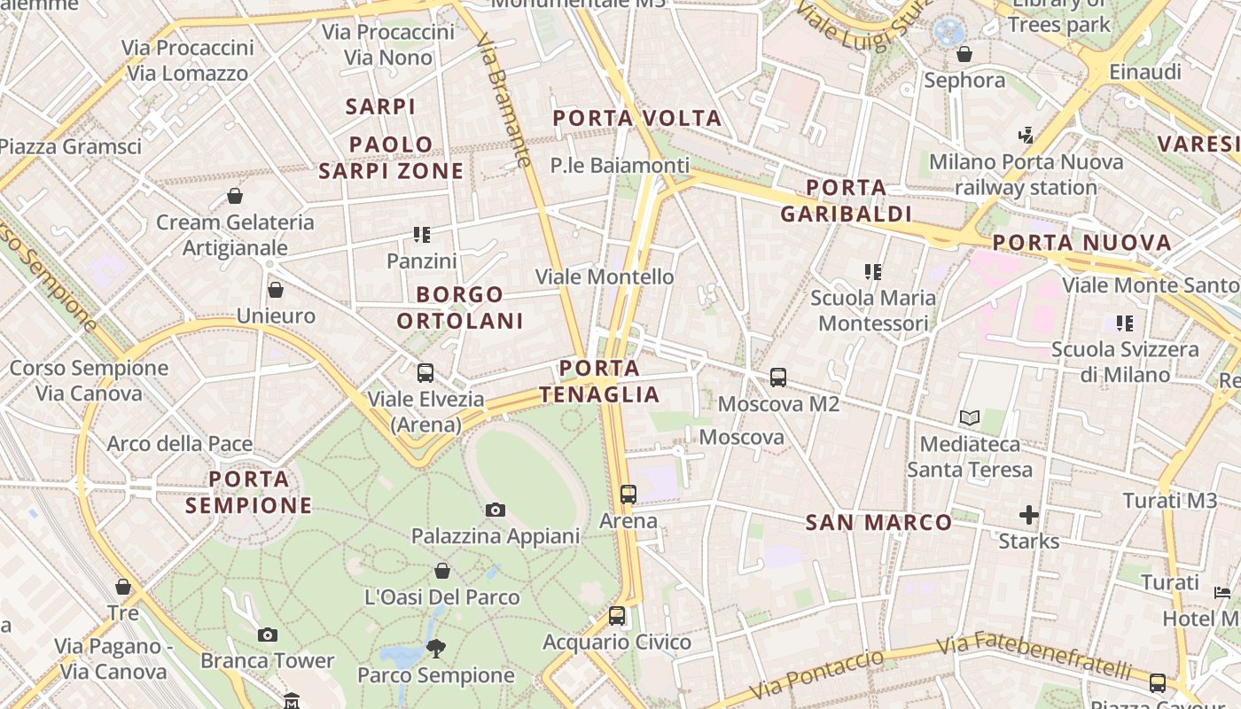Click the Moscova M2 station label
tap(778, 404)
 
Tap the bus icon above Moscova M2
tap(778, 378)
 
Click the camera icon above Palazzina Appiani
tap(496, 510)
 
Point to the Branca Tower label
tap(267, 660)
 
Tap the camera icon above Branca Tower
tap(267, 635)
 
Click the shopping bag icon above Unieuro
tap(276, 290)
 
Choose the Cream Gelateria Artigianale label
tap(235, 235)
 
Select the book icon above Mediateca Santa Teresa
tap(970, 417)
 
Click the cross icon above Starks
tap(1028, 515)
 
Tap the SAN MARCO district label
tap(878, 523)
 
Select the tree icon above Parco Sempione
tap(435, 649)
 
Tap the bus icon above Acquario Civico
tap(617, 615)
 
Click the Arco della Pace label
tap(180, 444)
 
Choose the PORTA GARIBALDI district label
tap(847, 200)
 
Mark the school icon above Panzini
tap(422, 235)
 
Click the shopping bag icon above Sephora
tap(964, 55)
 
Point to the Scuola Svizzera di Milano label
tap(1125, 362)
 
